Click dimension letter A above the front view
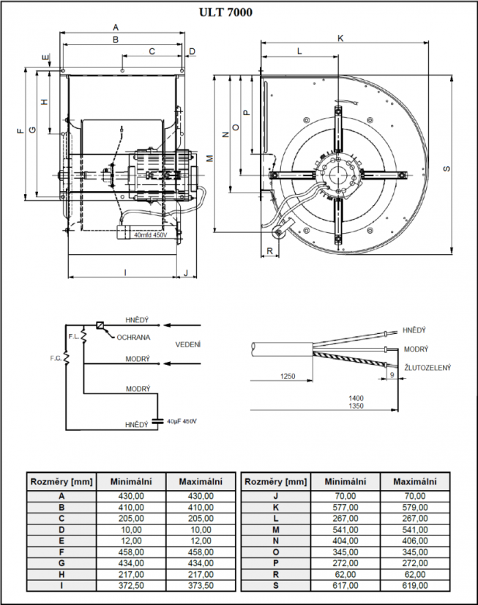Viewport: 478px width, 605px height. [x=116, y=27]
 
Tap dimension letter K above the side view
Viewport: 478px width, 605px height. [x=340, y=37]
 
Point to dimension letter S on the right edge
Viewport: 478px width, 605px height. [x=446, y=168]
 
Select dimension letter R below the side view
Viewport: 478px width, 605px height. [x=270, y=251]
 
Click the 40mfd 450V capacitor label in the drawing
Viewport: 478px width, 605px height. [x=150, y=235]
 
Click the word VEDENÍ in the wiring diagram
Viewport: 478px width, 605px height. [x=188, y=344]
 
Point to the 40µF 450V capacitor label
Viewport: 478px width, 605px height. [x=182, y=421]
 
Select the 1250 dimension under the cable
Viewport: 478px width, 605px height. [x=288, y=376]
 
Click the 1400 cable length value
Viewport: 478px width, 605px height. [x=356, y=398]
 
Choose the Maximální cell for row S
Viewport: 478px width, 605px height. [x=414, y=585]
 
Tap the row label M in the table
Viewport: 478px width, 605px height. [x=275, y=529]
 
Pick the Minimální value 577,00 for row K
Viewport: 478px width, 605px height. [x=345, y=507]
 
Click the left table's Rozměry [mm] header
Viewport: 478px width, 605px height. [x=61, y=481]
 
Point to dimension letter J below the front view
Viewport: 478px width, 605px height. [x=186, y=272]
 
